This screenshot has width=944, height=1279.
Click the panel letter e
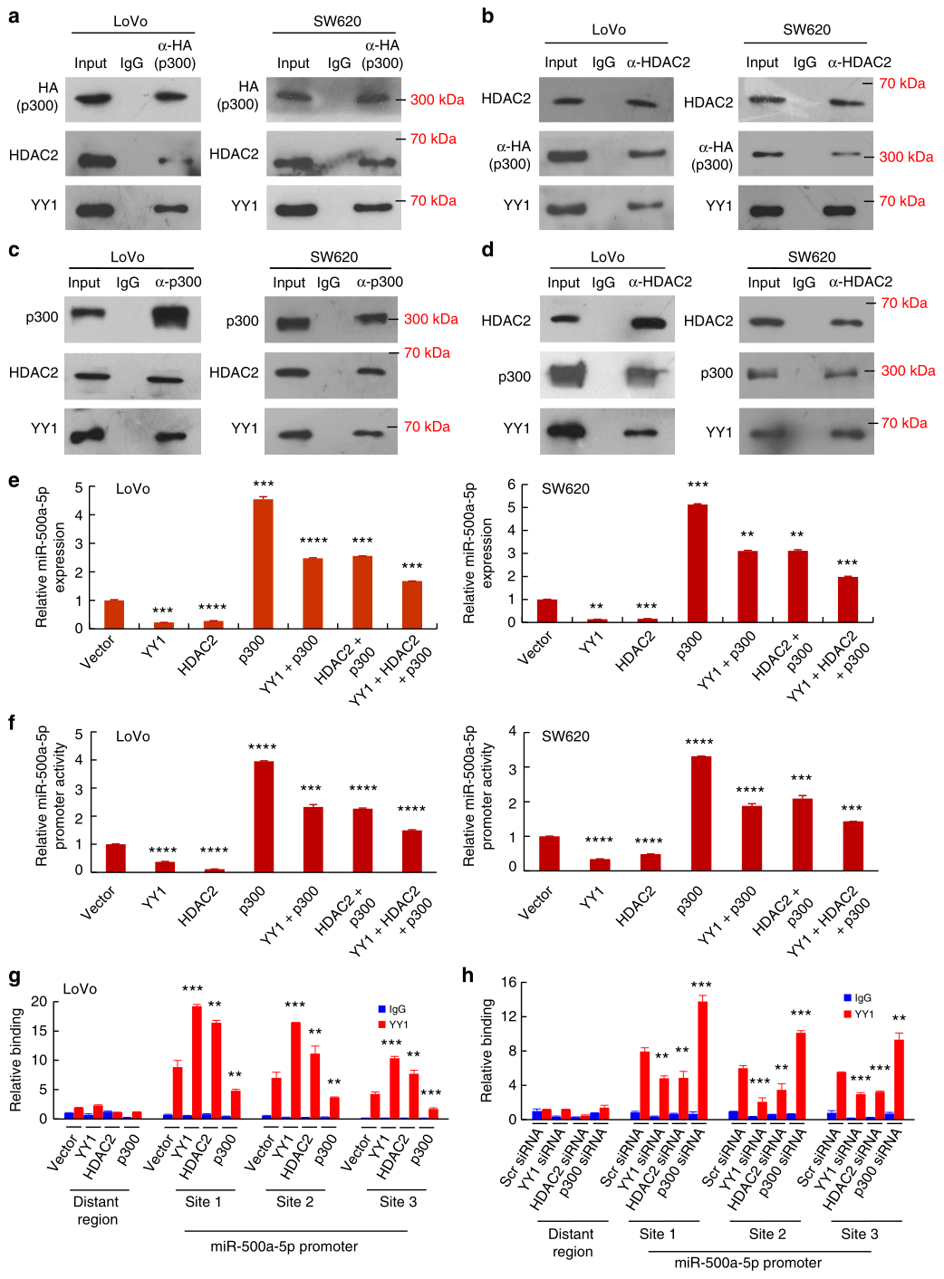coord(14,480)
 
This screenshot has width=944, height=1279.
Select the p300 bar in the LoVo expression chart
coord(263,563)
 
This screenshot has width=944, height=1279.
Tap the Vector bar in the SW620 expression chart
coord(547,611)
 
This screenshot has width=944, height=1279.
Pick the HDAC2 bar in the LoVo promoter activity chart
coord(214,870)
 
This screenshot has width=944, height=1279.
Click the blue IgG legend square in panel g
coord(382,1009)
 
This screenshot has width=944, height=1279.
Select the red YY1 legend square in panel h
coord(847,1014)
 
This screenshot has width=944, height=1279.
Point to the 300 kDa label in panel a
coord(437,100)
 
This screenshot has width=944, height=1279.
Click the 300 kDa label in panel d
coord(908,370)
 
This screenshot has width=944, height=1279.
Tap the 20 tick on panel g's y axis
coord(39,1001)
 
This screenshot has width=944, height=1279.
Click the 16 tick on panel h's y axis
coord(508,982)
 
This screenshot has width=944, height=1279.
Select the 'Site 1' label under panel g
coord(203,1201)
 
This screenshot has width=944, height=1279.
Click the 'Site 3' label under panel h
coord(859,1234)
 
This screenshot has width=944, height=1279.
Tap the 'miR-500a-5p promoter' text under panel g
coord(284,1246)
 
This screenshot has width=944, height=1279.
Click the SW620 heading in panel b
coord(806,30)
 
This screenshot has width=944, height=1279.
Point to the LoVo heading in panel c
coord(128,257)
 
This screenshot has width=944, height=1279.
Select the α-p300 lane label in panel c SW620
coord(380,282)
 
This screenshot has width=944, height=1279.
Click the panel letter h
coord(468,976)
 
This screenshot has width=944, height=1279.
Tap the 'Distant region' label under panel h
coord(572,1243)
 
